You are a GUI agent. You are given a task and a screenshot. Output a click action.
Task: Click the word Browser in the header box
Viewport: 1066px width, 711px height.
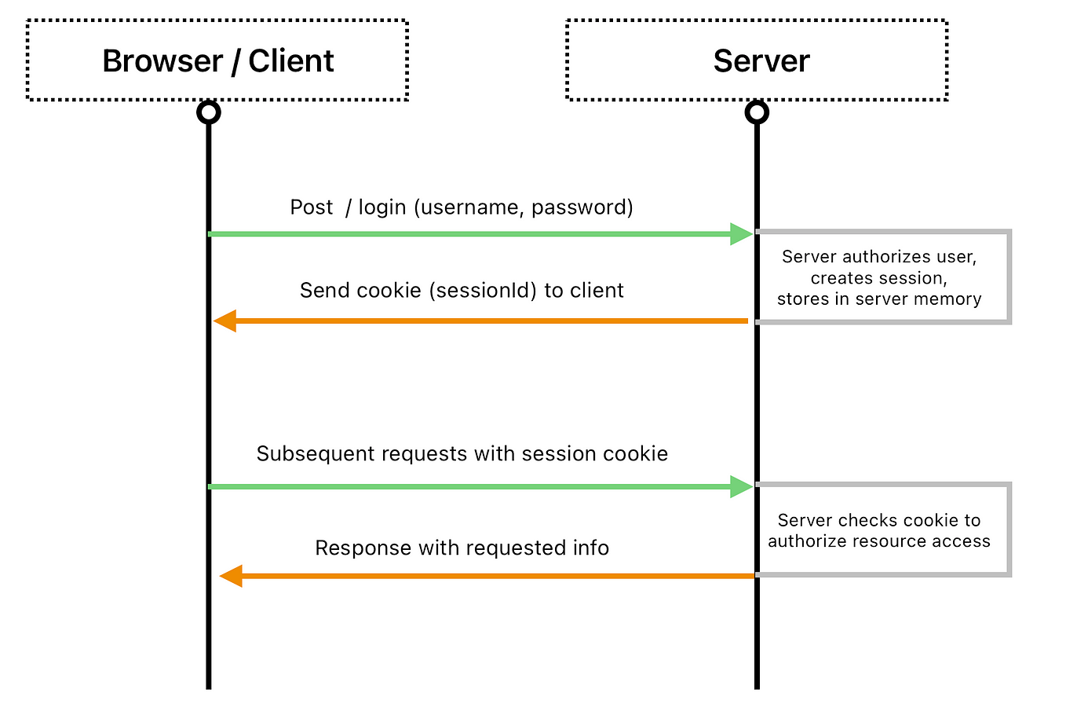pyautogui.click(x=162, y=61)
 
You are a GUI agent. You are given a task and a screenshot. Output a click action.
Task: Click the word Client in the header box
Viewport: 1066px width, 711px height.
pyautogui.click(x=290, y=61)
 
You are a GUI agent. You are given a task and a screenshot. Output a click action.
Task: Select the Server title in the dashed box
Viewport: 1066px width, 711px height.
pyautogui.click(x=761, y=61)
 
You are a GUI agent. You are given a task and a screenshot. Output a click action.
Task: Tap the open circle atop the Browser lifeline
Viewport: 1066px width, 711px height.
pyautogui.click(x=209, y=112)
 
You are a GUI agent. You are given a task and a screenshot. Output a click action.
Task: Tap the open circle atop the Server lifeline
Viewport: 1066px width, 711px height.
pyautogui.click(x=757, y=112)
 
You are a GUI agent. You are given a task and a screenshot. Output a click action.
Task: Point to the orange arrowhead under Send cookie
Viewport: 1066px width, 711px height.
pyautogui.click(x=225, y=321)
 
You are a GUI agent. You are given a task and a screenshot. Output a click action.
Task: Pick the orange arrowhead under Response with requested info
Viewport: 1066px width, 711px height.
pyautogui.click(x=231, y=576)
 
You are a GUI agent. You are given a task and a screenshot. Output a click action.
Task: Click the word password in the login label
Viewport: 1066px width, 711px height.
pyautogui.click(x=579, y=207)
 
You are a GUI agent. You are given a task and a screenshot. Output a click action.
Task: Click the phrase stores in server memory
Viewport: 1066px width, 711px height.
pyautogui.click(x=879, y=299)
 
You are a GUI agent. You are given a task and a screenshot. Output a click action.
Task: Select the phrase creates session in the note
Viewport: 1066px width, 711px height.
pyautogui.click(x=878, y=278)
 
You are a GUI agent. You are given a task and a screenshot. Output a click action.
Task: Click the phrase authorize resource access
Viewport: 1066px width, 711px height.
pyautogui.click(x=879, y=541)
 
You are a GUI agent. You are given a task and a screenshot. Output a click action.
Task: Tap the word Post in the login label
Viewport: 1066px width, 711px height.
pyautogui.click(x=311, y=207)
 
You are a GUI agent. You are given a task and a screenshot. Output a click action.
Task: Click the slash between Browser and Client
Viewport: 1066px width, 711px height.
pyautogui.click(x=235, y=62)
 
